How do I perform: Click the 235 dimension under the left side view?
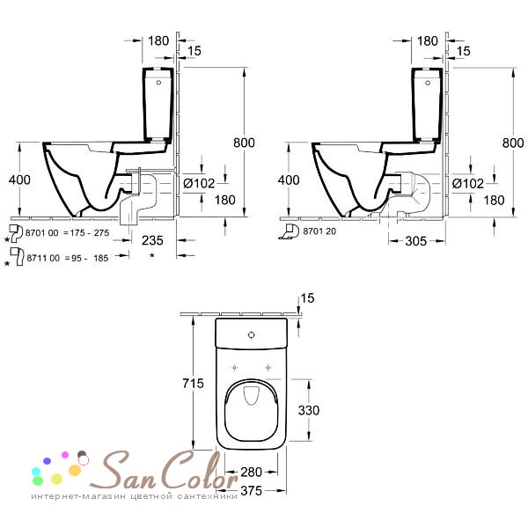[152, 240]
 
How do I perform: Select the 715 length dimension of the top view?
[194, 384]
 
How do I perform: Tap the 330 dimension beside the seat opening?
[319, 410]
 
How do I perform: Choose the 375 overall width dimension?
[253, 491]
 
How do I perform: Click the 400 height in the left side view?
[18, 180]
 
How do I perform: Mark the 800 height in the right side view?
[512, 143]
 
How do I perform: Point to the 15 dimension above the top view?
[306, 297]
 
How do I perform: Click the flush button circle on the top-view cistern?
[253, 334]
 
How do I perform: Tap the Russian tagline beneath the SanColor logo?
[134, 497]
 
